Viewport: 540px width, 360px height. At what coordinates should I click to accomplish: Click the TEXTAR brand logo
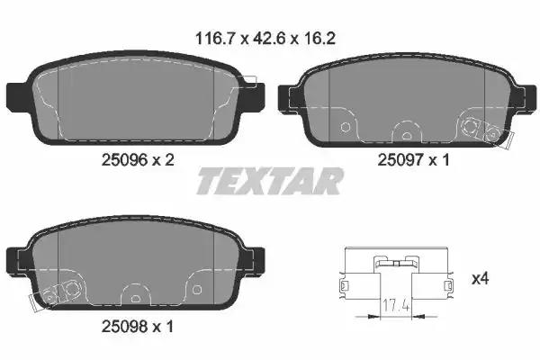[x=269, y=181]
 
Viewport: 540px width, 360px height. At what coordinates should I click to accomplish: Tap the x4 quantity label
[x=481, y=279]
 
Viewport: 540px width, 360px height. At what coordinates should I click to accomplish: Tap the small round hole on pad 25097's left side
[x=346, y=127]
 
